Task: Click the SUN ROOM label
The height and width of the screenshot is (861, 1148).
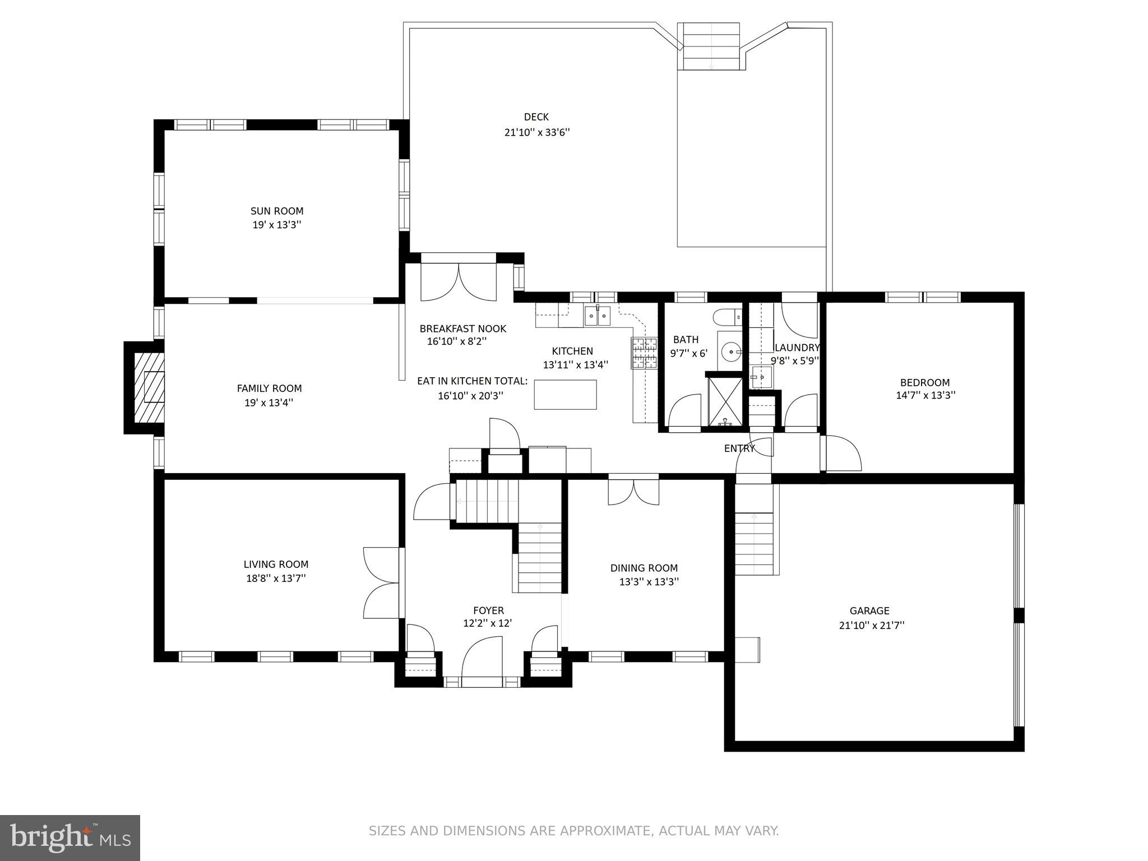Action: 277,211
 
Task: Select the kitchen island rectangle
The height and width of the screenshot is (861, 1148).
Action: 565,395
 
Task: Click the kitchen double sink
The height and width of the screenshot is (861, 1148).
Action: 597,316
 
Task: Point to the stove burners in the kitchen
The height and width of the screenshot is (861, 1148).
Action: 644,354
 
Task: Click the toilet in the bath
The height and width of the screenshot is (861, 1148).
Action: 728,317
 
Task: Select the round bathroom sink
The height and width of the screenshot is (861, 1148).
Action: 732,353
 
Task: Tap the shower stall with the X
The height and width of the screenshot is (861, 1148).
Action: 725,401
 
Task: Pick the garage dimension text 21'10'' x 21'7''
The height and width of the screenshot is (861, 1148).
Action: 871,625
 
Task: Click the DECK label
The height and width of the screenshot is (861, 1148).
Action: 536,117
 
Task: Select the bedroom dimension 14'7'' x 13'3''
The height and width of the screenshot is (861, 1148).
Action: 925,395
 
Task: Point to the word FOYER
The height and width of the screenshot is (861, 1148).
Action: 488,610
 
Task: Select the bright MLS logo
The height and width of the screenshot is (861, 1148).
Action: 70,838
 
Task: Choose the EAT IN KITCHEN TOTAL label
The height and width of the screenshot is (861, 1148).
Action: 473,381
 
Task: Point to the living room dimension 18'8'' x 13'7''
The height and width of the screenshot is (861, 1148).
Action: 276,578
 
